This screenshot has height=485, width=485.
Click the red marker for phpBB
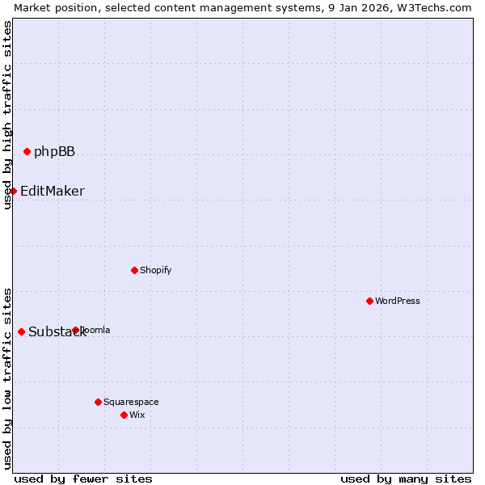tap(27, 151)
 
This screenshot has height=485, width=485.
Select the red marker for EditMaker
tap(14, 191)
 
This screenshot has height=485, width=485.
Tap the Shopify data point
tap(134, 270)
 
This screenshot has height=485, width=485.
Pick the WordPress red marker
tap(369, 301)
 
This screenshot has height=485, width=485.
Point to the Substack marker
tap(21, 331)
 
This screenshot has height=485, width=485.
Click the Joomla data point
tap(75, 330)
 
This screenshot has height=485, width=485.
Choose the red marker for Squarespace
tap(98, 402)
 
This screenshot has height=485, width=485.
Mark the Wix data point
tap(124, 415)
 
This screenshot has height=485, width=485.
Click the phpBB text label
tap(54, 152)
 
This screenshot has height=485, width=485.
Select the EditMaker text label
tap(52, 192)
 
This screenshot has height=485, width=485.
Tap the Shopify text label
tap(155, 271)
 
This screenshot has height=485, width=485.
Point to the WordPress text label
tap(397, 302)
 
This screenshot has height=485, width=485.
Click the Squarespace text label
tap(131, 403)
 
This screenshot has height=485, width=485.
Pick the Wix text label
tap(137, 415)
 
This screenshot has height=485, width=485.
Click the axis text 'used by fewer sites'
tap(83, 479)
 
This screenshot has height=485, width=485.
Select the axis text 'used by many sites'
tap(406, 479)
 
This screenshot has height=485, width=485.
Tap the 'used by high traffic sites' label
tap(7, 115)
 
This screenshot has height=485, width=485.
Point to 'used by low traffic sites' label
tap(7, 378)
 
